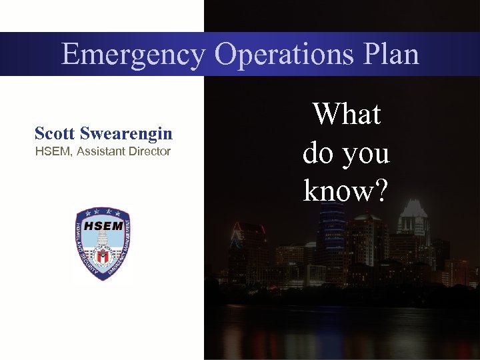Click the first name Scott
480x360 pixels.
pyautogui.click(x=55, y=133)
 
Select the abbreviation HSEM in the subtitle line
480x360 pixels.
pyautogui.click(x=53, y=151)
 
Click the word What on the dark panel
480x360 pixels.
pyautogui.click(x=347, y=114)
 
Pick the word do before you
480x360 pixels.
pyautogui.click(x=318, y=153)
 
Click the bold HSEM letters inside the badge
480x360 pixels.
pyautogui.click(x=103, y=225)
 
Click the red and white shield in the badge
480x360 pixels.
pyautogui.click(x=103, y=254)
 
